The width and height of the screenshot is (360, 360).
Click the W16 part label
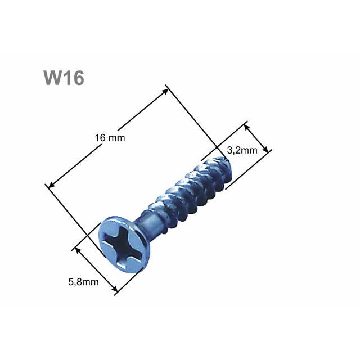click(64, 78)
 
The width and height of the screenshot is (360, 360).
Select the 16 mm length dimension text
click(110, 138)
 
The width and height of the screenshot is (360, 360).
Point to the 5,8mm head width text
click(79, 282)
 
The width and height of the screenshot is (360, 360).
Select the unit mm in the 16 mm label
click(118, 138)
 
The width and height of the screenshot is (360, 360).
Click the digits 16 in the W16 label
click(74, 78)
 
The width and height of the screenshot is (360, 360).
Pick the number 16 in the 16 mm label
click(100, 138)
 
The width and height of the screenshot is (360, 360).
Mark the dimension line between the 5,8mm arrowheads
click(96, 269)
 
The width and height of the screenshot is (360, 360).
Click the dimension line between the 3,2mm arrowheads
click(258, 137)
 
